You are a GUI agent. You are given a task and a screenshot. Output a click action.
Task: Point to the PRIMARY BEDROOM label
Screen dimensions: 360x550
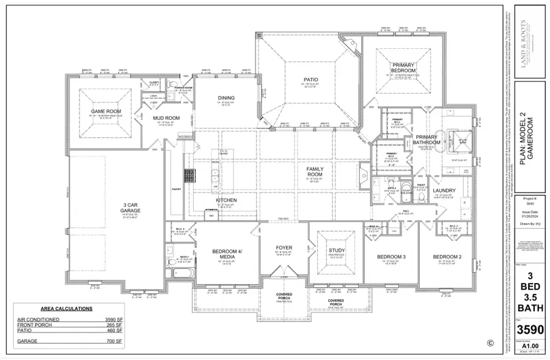404,67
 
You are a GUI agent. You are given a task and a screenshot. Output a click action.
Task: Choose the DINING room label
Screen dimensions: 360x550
226,98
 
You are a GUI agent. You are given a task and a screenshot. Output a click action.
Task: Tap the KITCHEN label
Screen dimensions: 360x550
226,200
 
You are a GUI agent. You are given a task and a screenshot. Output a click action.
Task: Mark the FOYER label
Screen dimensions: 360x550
284,248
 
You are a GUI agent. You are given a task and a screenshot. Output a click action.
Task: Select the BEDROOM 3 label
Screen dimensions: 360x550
391,256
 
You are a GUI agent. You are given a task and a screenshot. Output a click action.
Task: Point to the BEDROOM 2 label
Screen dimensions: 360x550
446,256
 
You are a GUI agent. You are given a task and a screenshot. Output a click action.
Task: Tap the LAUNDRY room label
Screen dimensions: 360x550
444,191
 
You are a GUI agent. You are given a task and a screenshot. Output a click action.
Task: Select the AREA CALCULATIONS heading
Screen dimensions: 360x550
67,309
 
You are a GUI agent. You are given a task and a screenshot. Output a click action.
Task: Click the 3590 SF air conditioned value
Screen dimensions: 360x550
111,319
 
